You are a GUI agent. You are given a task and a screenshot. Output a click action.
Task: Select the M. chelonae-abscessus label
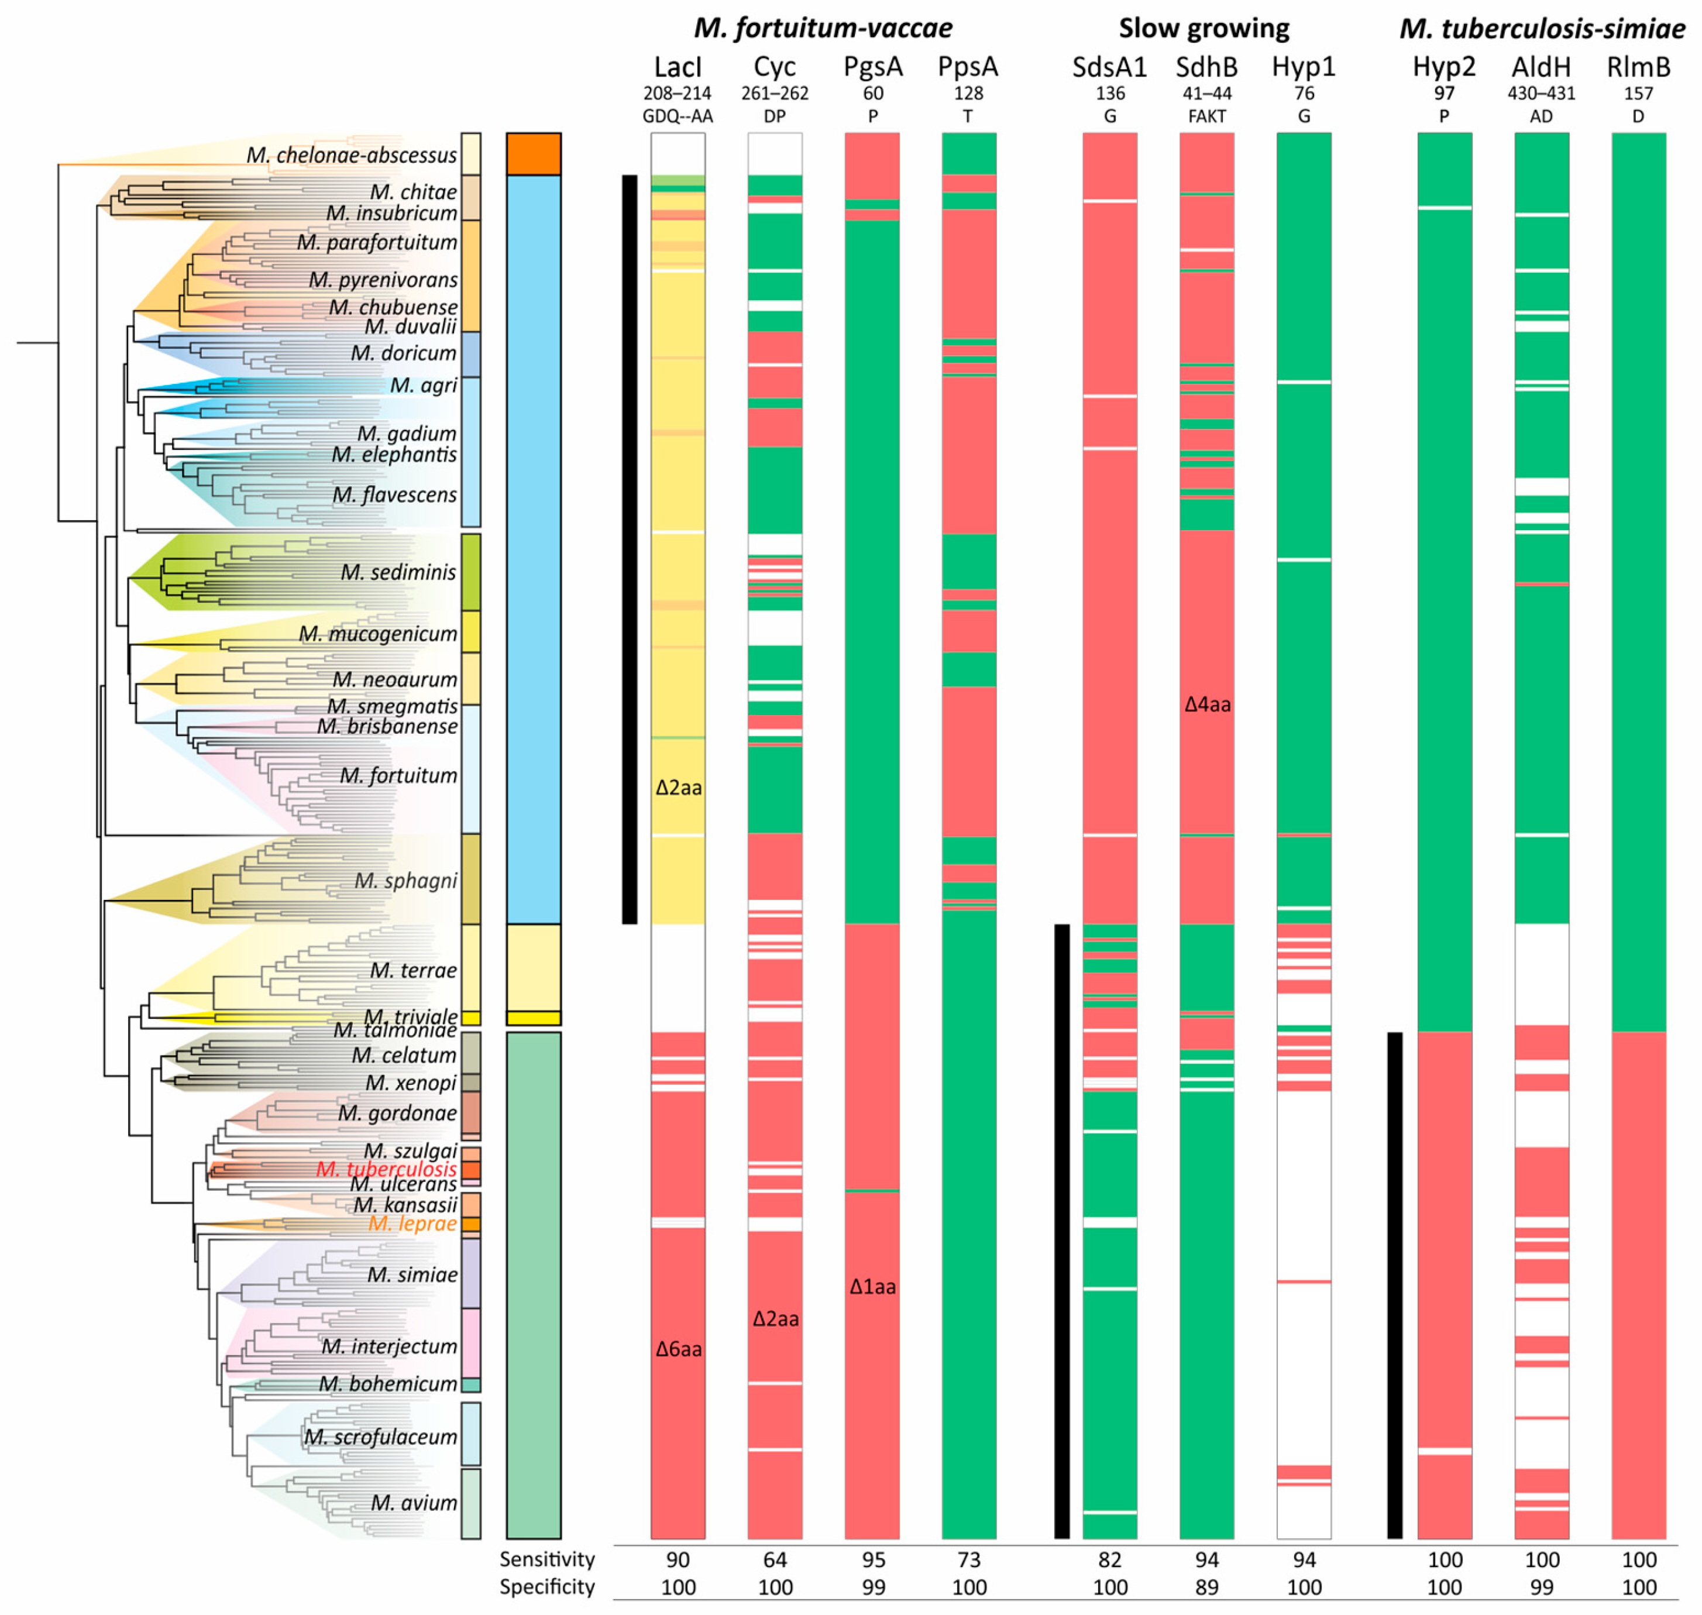(x=351, y=155)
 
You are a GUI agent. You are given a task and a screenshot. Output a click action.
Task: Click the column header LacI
(x=678, y=67)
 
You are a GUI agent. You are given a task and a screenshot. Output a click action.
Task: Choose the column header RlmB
(x=1638, y=67)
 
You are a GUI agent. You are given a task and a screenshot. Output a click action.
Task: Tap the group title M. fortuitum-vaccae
(x=823, y=29)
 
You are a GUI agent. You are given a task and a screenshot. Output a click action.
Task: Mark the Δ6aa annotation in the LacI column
(x=678, y=1349)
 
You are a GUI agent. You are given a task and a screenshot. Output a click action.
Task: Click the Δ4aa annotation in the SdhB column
(x=1207, y=704)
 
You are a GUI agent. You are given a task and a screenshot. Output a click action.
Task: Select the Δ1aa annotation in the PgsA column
(x=872, y=1287)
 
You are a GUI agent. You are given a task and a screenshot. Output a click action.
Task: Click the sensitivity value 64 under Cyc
(x=775, y=1560)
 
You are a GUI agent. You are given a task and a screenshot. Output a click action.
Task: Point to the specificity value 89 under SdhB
(x=1207, y=1587)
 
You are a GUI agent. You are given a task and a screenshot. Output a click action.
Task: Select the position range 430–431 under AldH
(x=1541, y=93)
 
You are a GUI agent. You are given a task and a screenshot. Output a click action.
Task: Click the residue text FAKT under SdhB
(x=1207, y=116)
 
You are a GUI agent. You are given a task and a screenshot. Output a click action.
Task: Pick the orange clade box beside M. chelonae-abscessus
(x=534, y=154)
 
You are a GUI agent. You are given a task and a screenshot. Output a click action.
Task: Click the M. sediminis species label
(x=398, y=572)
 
